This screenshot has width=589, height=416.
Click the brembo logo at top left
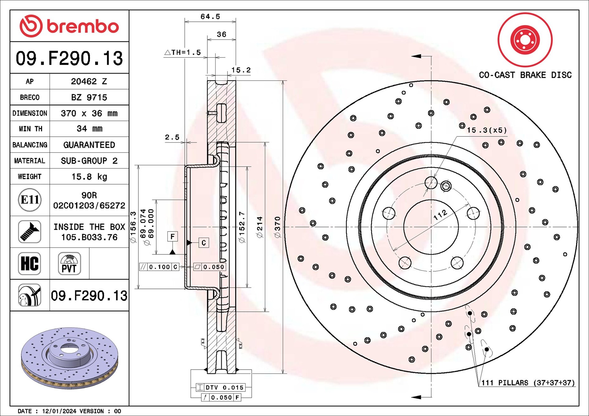click(x=69, y=26)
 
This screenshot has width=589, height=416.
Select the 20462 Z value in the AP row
click(x=89, y=81)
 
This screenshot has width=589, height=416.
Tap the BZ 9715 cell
click(x=89, y=98)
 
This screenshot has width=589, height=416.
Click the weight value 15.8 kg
click(x=89, y=177)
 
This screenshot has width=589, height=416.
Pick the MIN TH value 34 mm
click(x=89, y=129)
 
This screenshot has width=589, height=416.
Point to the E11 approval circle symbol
click(x=30, y=200)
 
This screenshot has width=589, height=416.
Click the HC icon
click(x=30, y=263)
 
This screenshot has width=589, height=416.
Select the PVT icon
click(x=69, y=263)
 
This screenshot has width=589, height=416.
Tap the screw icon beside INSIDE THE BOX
click(x=30, y=232)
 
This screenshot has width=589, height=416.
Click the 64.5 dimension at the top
click(x=210, y=16)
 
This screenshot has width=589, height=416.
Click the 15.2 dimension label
click(x=241, y=70)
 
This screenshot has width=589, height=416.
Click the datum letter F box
click(x=172, y=236)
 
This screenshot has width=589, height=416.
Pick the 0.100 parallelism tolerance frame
click(x=159, y=267)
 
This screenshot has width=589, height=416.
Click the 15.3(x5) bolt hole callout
click(x=487, y=130)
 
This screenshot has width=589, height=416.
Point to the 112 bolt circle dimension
click(x=440, y=214)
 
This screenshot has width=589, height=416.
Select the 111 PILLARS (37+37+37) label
click(x=528, y=383)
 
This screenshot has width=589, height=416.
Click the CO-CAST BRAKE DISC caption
click(x=525, y=75)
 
